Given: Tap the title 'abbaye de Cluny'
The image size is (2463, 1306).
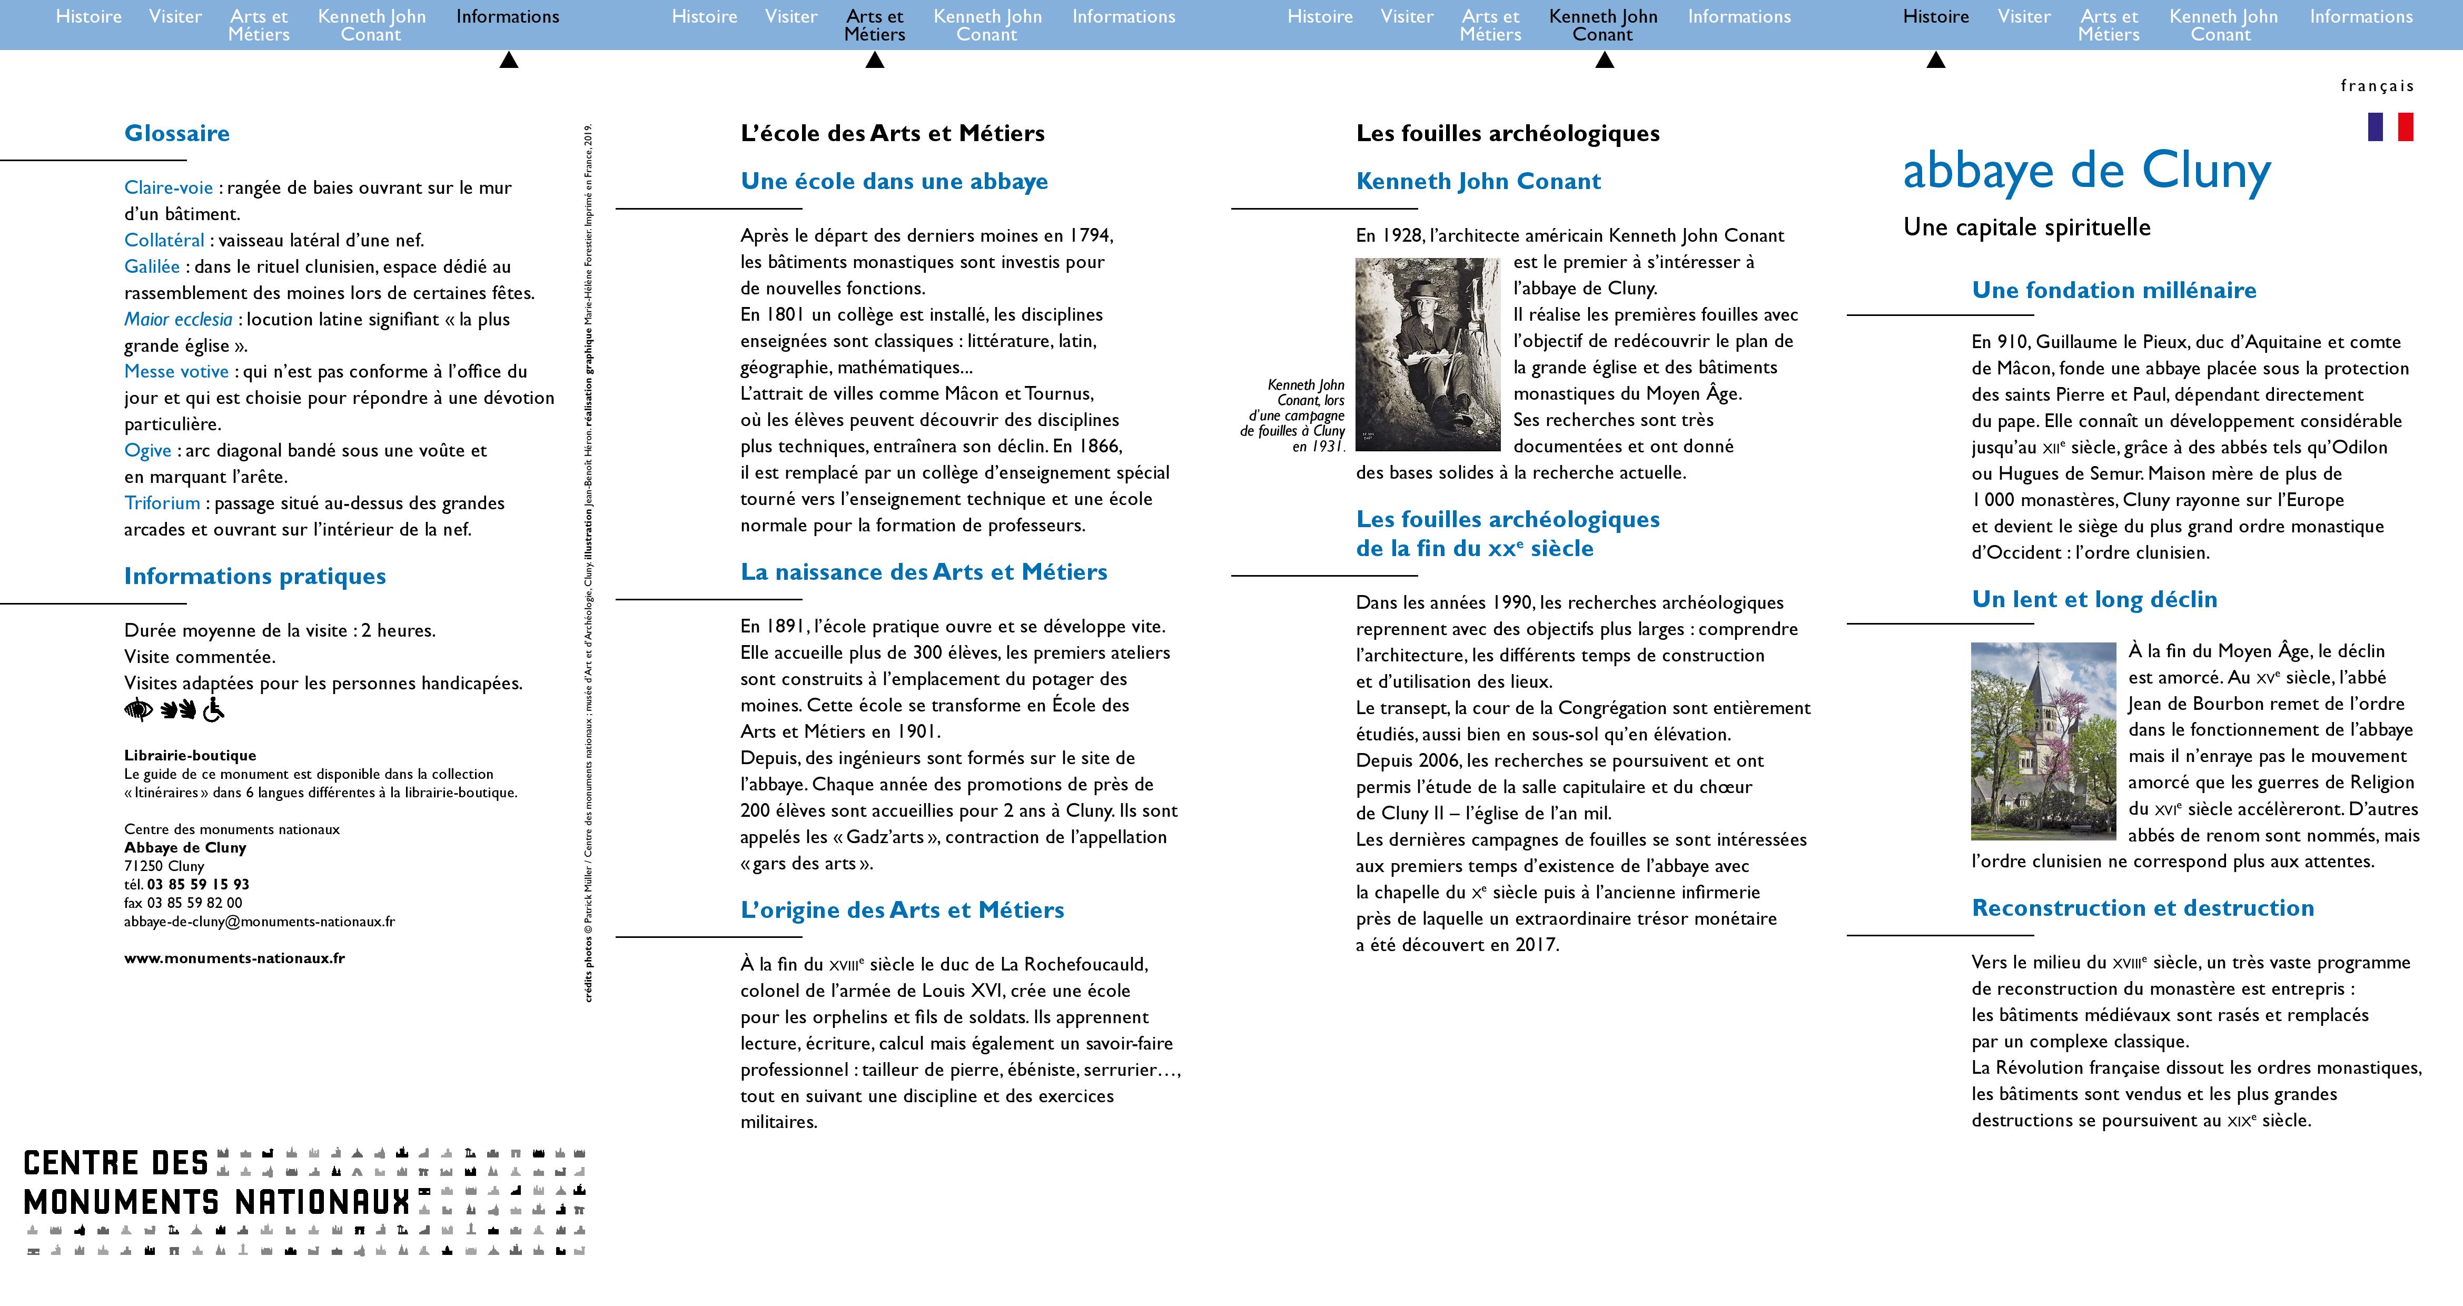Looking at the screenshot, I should [x=2086, y=172].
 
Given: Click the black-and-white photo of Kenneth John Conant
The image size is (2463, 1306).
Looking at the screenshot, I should [x=1428, y=354].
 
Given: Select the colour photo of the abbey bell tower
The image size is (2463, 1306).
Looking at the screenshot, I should [x=2043, y=741].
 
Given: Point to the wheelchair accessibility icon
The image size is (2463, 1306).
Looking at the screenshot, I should [x=213, y=709].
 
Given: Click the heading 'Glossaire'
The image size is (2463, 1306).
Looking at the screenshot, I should [x=177, y=133].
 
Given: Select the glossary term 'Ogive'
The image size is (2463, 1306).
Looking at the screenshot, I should [x=148, y=450].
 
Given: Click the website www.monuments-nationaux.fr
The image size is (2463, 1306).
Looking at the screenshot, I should [x=234, y=958].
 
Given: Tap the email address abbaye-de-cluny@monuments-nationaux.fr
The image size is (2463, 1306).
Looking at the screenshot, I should [x=259, y=922].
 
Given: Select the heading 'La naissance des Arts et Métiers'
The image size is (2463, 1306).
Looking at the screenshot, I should [x=924, y=572].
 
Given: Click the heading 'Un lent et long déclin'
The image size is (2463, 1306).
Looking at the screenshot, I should [x=2094, y=599].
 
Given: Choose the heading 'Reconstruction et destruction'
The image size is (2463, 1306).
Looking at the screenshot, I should [x=2143, y=908].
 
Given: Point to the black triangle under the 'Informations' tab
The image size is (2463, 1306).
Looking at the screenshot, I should [x=509, y=60].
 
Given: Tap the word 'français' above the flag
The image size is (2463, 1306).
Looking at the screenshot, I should [x=2377, y=86].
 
